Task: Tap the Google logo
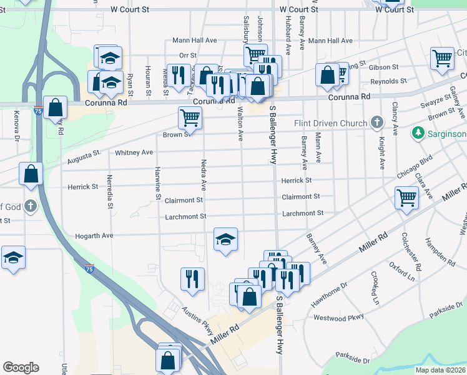21,367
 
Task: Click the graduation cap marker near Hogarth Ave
225,239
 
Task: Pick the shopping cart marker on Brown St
190,117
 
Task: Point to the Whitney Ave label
134,152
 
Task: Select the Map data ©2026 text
440,370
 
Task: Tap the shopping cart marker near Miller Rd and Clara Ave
406,199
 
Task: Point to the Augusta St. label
84,156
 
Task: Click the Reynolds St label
388,81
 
